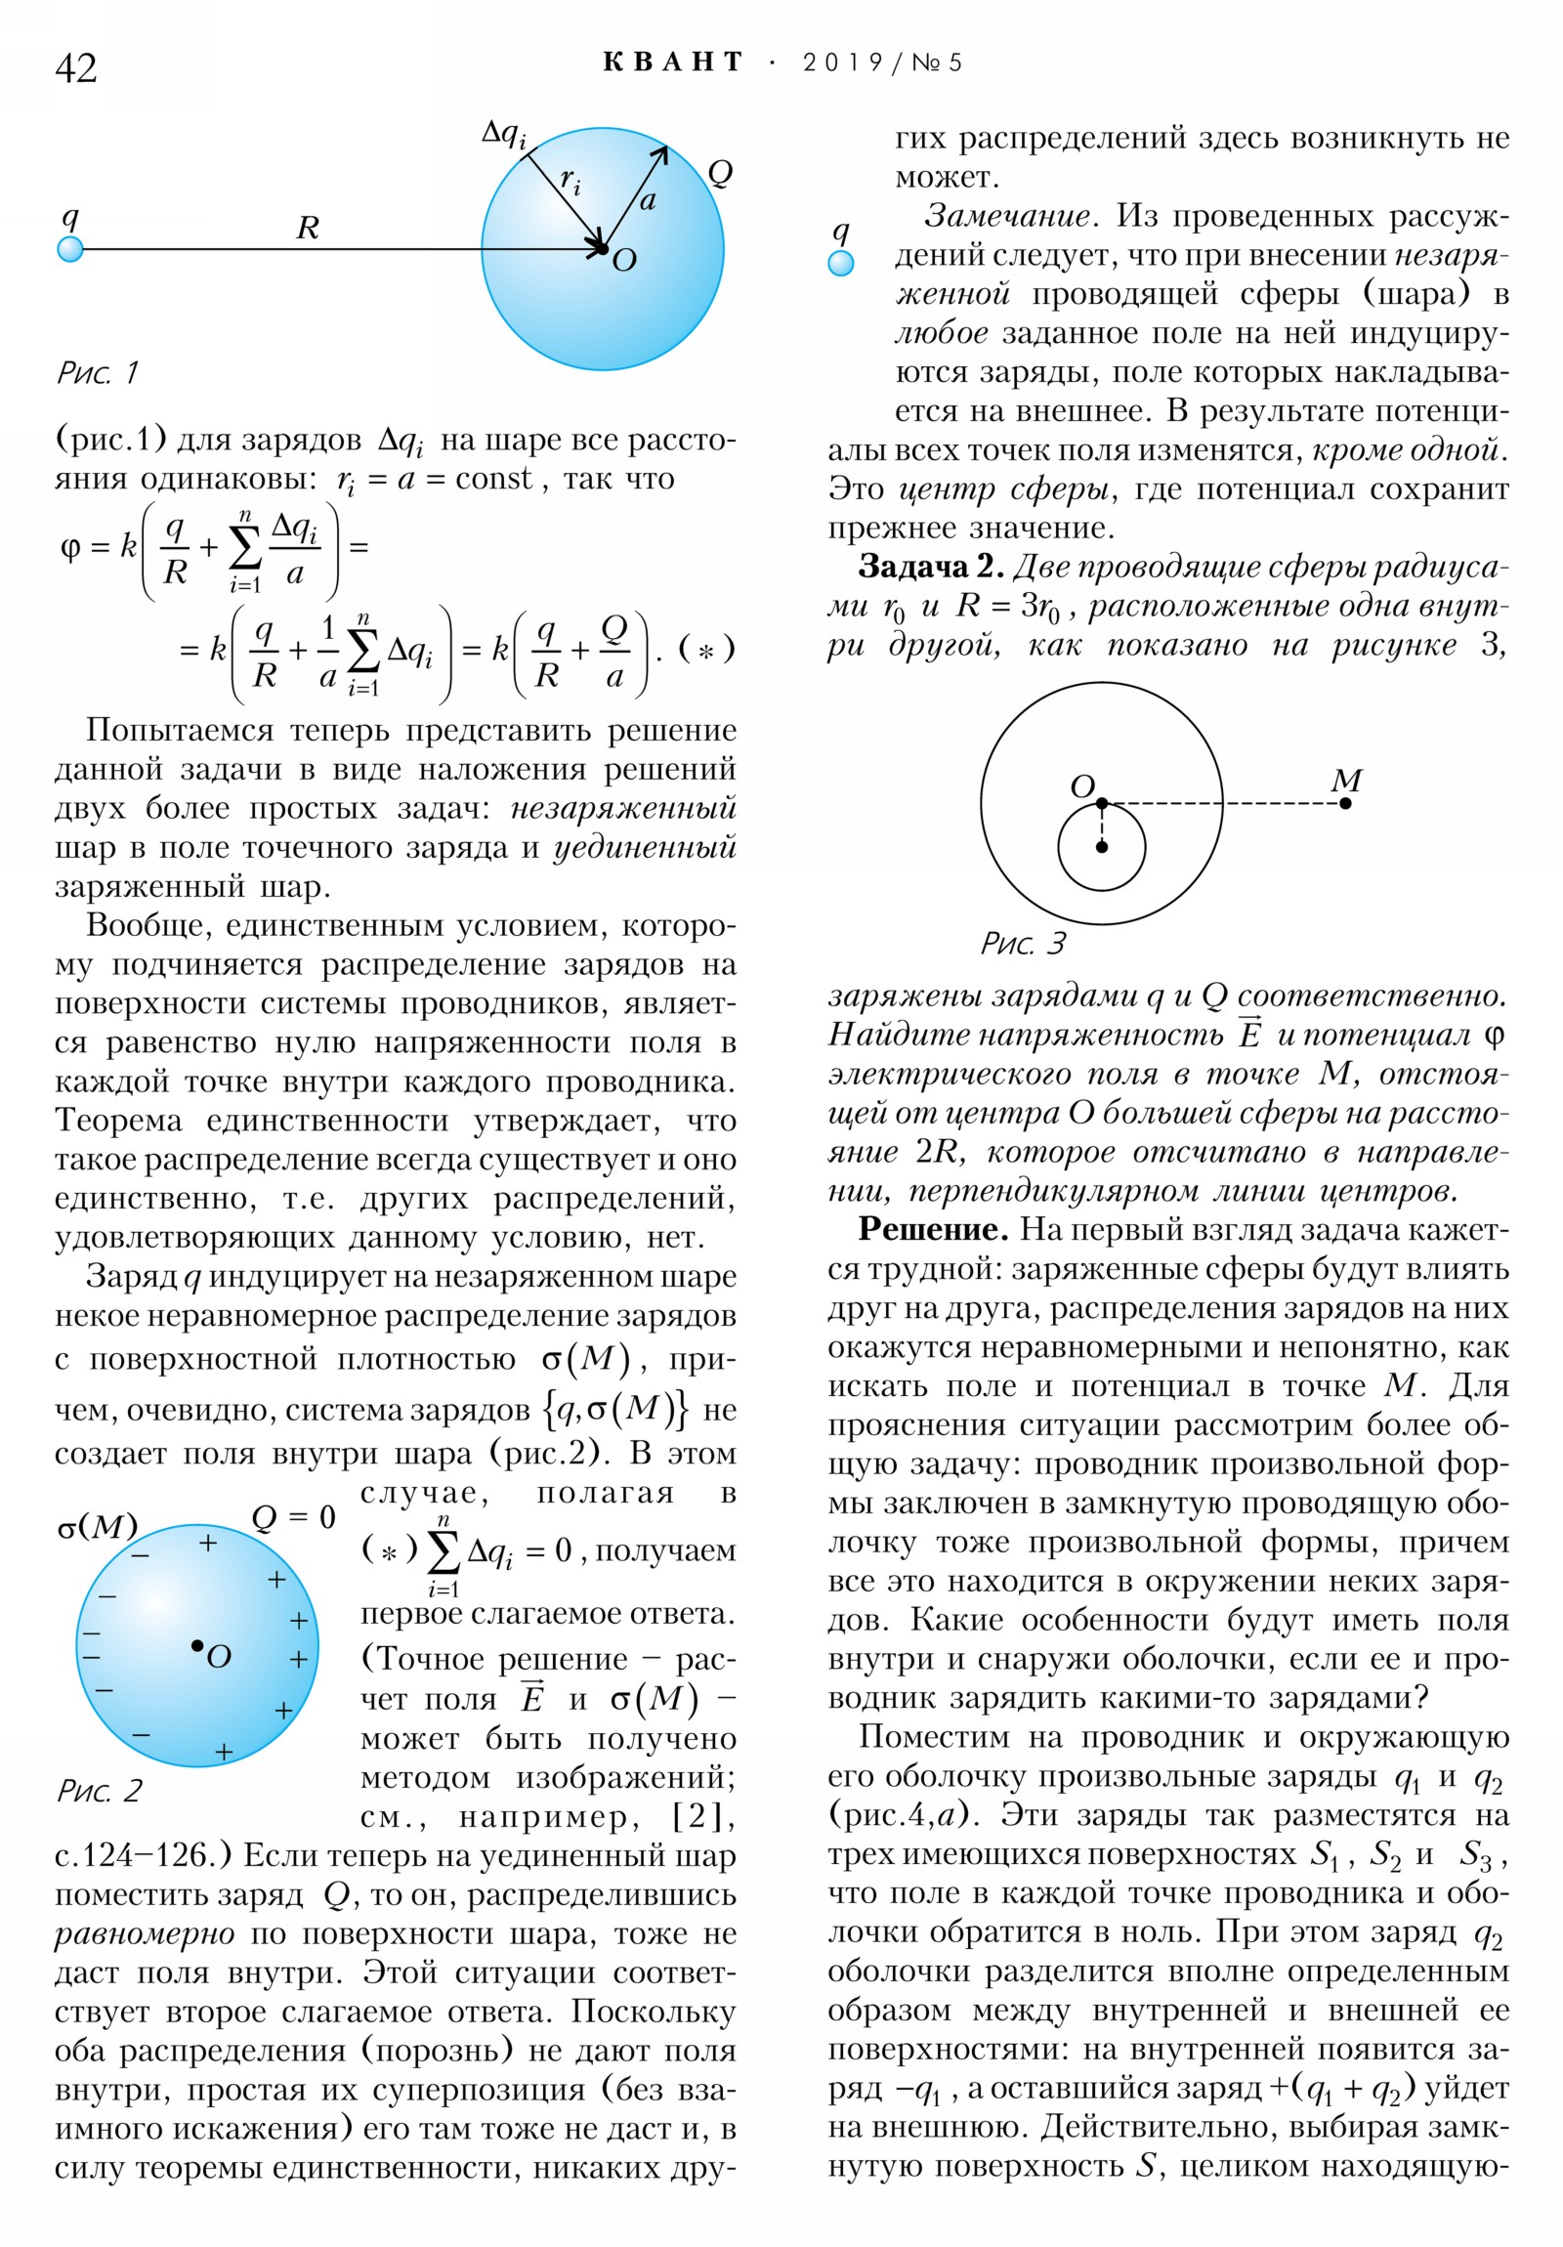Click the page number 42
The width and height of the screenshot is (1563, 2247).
pos(75,68)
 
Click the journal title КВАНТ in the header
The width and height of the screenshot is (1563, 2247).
pos(672,63)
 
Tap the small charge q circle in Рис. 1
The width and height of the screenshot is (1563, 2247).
pos(70,249)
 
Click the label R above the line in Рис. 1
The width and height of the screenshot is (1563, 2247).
pos(308,228)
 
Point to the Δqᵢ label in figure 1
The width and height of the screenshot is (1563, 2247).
pos(504,134)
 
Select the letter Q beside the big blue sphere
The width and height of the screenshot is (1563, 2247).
pos(720,173)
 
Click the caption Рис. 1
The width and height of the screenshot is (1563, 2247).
pos(97,373)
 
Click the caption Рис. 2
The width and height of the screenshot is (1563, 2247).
pos(99,1791)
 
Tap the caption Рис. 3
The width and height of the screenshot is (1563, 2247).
pos(1023,944)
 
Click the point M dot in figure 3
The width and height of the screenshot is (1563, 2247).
pos(1346,803)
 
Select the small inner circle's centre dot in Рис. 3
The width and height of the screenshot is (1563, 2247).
pos(1102,847)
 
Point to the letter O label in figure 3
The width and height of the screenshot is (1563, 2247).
pos(1081,785)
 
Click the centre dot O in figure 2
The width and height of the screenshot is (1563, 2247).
pos(196,1645)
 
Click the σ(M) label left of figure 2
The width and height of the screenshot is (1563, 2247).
pos(97,1527)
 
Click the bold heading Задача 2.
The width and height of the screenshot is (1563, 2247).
pos(931,567)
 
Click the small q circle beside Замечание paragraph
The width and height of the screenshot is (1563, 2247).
pos(841,263)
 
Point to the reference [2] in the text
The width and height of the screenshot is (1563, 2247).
pos(702,1817)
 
